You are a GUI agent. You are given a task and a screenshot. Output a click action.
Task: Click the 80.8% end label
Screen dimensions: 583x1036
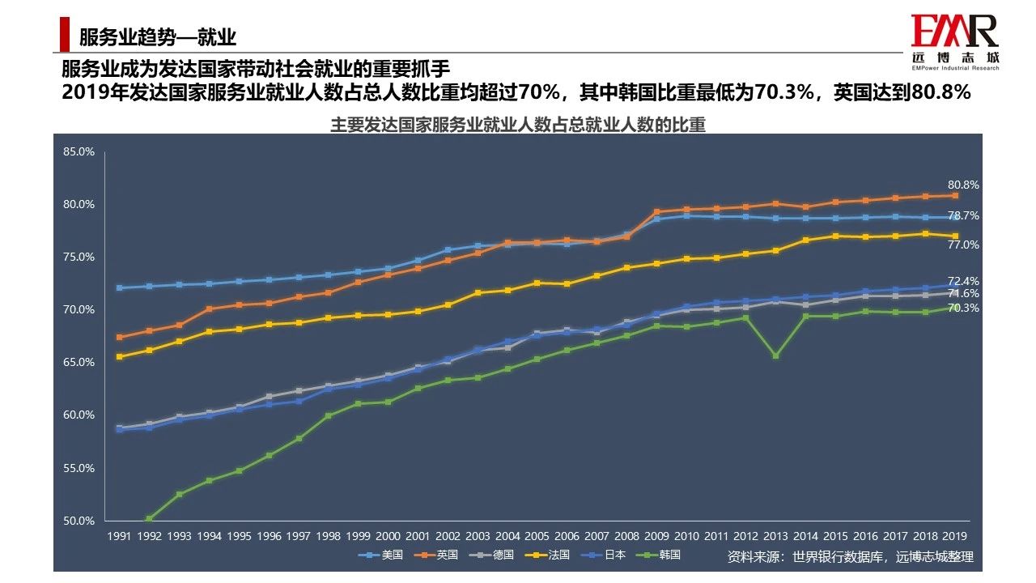[963, 185]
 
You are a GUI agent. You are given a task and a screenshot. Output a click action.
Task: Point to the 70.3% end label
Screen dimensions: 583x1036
[963, 309]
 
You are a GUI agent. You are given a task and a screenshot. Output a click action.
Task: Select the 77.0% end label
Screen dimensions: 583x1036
[963, 245]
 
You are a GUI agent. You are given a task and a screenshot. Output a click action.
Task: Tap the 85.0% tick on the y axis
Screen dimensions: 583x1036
[80, 151]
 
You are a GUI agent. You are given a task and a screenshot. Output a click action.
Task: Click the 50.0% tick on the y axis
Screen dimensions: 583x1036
[80, 521]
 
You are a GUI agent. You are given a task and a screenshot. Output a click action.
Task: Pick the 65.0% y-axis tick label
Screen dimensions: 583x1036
[80, 363]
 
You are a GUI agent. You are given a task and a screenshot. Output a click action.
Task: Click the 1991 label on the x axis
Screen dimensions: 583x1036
[120, 536]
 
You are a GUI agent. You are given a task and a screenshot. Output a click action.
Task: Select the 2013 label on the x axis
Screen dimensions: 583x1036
[775, 536]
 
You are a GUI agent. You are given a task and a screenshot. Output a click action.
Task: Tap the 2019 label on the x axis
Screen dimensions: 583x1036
[954, 536]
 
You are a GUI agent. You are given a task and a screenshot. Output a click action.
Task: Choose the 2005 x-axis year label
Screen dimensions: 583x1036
[537, 536]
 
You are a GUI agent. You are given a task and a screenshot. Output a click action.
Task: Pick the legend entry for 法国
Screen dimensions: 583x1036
[548, 555]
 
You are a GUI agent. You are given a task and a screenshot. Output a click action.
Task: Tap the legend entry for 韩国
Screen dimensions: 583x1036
[660, 555]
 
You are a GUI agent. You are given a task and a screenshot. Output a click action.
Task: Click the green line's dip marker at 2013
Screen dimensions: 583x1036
[775, 355]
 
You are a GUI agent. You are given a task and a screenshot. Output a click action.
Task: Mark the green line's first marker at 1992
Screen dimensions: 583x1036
[150, 518]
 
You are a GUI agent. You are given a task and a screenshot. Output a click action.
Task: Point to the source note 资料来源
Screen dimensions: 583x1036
[850, 557]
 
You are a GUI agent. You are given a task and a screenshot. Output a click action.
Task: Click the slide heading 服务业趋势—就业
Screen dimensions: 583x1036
[157, 36]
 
